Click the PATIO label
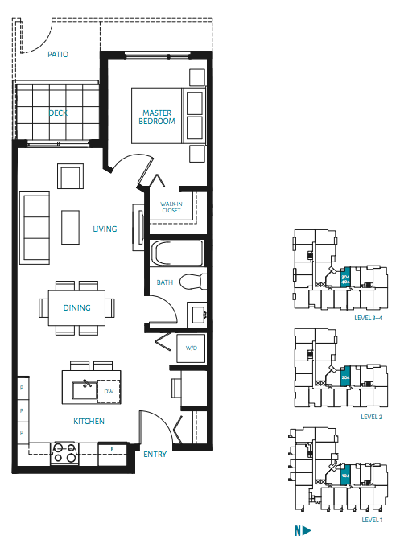(57, 55)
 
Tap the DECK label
(58, 113)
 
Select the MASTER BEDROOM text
(159, 117)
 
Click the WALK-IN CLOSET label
(171, 208)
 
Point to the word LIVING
(105, 229)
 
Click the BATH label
(165, 282)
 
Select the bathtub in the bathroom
(177, 254)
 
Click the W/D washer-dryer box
(192, 348)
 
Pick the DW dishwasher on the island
(108, 392)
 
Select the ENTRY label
(155, 455)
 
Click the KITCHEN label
(89, 421)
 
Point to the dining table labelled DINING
(76, 307)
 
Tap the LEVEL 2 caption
(371, 417)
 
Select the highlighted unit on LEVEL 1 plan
(344, 476)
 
